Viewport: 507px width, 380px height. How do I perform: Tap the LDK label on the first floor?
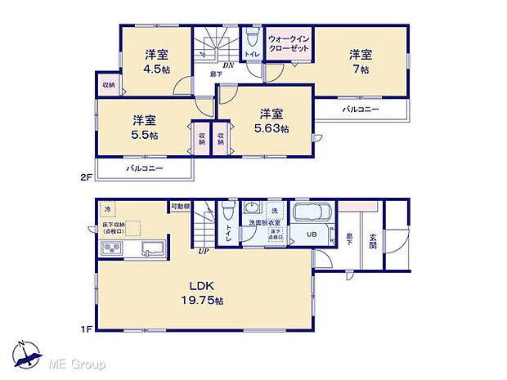click(x=203, y=287)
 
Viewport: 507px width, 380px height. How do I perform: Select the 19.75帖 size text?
click(x=203, y=301)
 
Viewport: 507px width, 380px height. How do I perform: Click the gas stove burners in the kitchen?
click(x=110, y=251)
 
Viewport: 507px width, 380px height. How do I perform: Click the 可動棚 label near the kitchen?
click(x=180, y=206)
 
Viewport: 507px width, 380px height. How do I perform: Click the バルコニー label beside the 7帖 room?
click(x=361, y=109)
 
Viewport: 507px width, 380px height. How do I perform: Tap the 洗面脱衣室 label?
click(x=267, y=222)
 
